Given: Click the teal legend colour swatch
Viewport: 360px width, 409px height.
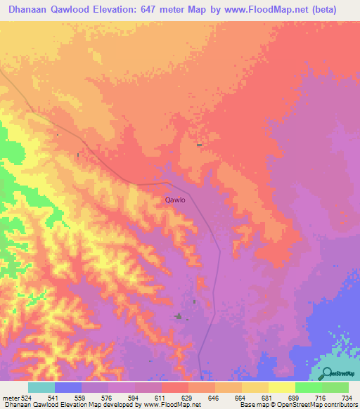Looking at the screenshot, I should pyautogui.click(x=41, y=387).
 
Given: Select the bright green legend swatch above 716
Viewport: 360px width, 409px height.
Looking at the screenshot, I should pyautogui.click(x=309, y=387).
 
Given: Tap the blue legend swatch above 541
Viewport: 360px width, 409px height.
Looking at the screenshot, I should pyautogui.click(x=68, y=387).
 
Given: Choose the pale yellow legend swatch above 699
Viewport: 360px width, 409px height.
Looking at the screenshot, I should pyautogui.click(x=282, y=387).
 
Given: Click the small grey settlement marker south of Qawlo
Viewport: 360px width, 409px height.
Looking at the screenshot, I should pyautogui.click(x=179, y=316).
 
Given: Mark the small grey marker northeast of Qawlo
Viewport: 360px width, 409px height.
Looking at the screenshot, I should pyautogui.click(x=200, y=145).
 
